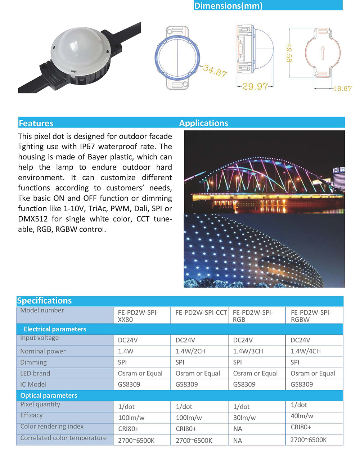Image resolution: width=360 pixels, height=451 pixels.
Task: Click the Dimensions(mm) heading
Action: (x=228, y=6)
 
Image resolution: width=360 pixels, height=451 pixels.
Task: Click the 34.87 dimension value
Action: (x=215, y=71)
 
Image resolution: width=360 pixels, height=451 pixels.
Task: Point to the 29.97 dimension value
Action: (x=255, y=86)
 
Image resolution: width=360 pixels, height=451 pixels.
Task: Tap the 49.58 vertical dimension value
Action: (x=289, y=53)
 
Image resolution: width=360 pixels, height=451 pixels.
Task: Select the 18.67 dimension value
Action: (x=342, y=89)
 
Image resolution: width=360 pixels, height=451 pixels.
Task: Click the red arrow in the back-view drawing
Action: (x=323, y=53)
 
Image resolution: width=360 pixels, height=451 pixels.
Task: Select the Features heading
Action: (x=36, y=123)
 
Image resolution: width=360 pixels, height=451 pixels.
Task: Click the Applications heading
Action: (x=203, y=123)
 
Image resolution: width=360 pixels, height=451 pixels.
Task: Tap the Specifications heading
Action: (x=44, y=301)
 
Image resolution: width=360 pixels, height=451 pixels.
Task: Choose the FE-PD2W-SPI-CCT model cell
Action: (x=201, y=312)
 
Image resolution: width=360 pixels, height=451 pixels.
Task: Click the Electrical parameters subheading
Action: (x=55, y=329)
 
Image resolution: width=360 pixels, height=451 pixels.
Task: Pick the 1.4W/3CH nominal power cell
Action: (x=248, y=351)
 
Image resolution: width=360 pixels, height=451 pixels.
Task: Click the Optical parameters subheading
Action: (x=49, y=395)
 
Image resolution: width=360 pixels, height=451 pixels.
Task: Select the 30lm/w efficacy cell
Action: (x=244, y=418)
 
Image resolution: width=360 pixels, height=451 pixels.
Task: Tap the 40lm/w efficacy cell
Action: (x=302, y=416)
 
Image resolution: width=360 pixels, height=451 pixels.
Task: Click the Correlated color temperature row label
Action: (x=63, y=438)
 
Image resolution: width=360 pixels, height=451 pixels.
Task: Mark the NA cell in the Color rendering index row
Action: (x=238, y=429)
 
